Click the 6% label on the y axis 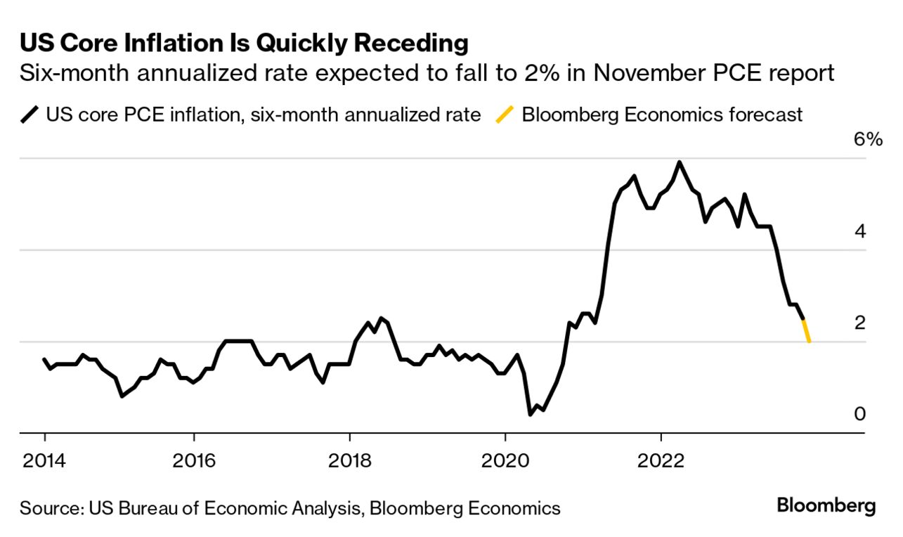867,140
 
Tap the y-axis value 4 860,231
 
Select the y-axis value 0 860,414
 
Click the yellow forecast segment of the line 807,331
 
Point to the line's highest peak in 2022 679,162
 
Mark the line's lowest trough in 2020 531,415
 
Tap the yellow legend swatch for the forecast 504,115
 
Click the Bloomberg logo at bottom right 826,505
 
